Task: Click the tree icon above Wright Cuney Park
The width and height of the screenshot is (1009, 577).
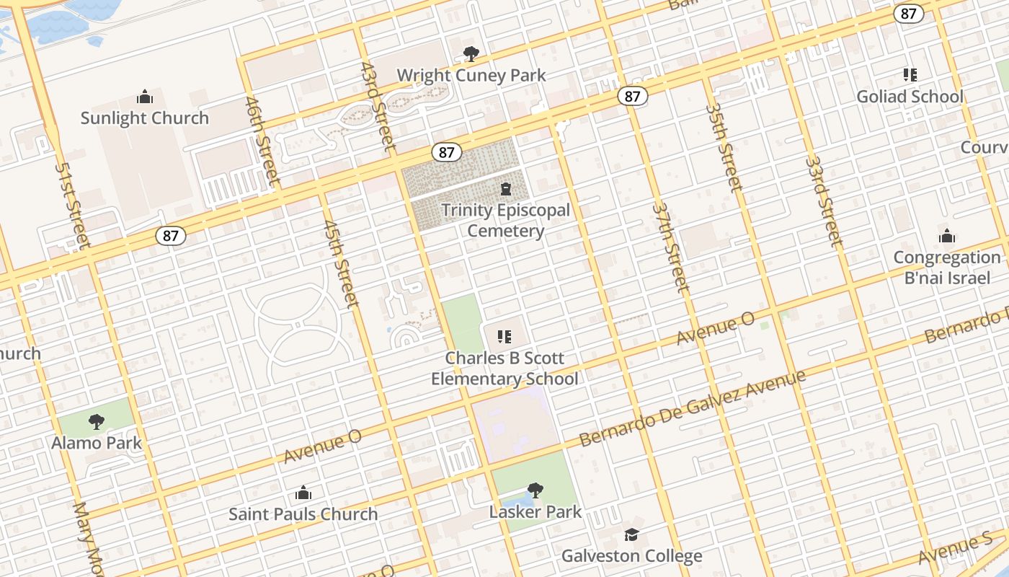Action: pos(471,53)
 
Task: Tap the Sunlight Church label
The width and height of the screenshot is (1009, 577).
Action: pos(144,118)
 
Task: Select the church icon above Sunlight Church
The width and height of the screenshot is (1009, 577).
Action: pos(144,97)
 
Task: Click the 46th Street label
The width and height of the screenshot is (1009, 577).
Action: pos(261,141)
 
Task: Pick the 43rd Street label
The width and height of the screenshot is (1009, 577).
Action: pos(378,106)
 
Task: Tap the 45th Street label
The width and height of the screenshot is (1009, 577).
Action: pos(341,263)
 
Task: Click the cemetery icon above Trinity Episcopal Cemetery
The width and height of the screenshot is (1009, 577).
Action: pos(505,189)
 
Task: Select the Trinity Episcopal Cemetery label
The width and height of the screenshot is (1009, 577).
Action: pos(505,221)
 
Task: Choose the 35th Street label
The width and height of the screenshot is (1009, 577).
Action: pos(724,148)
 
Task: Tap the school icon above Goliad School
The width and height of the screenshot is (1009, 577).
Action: pos(910,75)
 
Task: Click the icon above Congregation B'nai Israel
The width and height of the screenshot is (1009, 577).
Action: pos(946,236)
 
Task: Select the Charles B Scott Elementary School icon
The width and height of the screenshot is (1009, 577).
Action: pos(504,336)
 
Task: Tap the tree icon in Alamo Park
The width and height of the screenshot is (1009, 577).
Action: pos(96,422)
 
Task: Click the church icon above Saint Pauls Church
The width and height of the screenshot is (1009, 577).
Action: pos(303,493)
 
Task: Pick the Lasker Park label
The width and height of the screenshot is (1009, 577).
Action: pos(535,512)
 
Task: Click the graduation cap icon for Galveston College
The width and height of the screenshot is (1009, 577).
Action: pos(631,534)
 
